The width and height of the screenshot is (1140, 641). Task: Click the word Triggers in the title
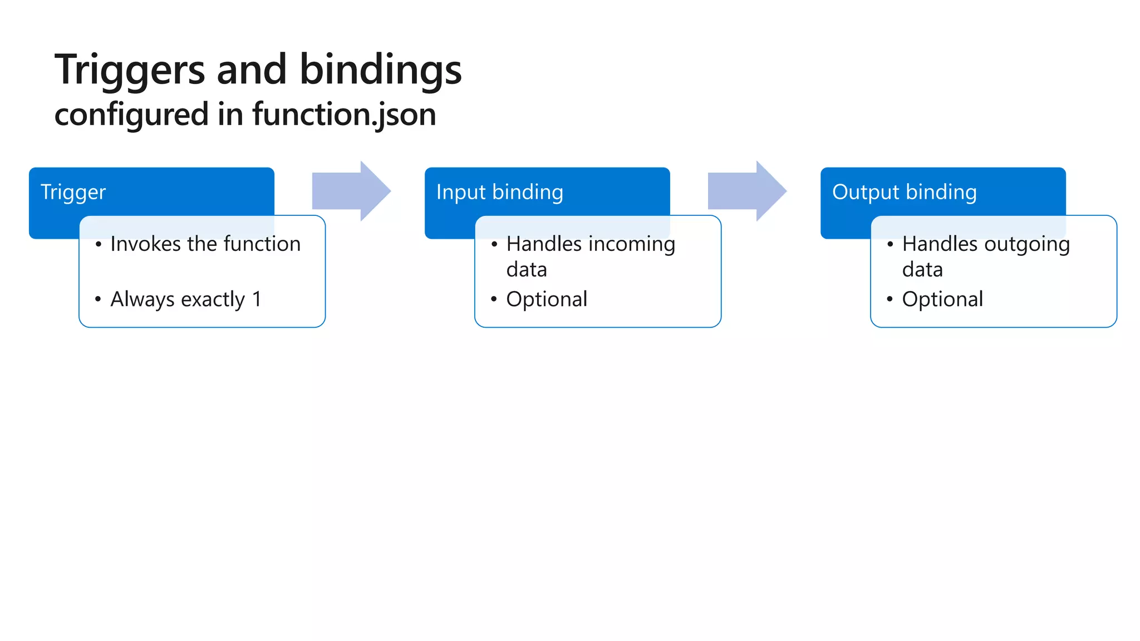pyautogui.click(x=130, y=71)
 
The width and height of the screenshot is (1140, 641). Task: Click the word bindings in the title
pyautogui.click(x=381, y=71)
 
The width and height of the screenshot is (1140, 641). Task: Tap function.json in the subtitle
pyautogui.click(x=343, y=115)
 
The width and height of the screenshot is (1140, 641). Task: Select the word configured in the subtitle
pyautogui.click(x=131, y=115)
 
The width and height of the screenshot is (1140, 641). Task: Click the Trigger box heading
pyautogui.click(x=73, y=193)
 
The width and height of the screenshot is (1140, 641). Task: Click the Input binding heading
pyautogui.click(x=499, y=193)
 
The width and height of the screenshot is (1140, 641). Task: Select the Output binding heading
pyautogui.click(x=904, y=193)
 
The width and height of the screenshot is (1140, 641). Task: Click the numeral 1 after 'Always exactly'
pyautogui.click(x=257, y=299)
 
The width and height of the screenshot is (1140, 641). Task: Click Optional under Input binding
pyautogui.click(x=546, y=300)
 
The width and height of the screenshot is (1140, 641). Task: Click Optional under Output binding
pyautogui.click(x=942, y=300)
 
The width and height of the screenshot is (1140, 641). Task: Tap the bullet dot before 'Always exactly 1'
pyautogui.click(x=98, y=299)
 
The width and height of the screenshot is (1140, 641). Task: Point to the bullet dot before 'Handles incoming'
pyautogui.click(x=494, y=244)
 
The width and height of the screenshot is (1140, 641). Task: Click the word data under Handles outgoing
pyautogui.click(x=922, y=270)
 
